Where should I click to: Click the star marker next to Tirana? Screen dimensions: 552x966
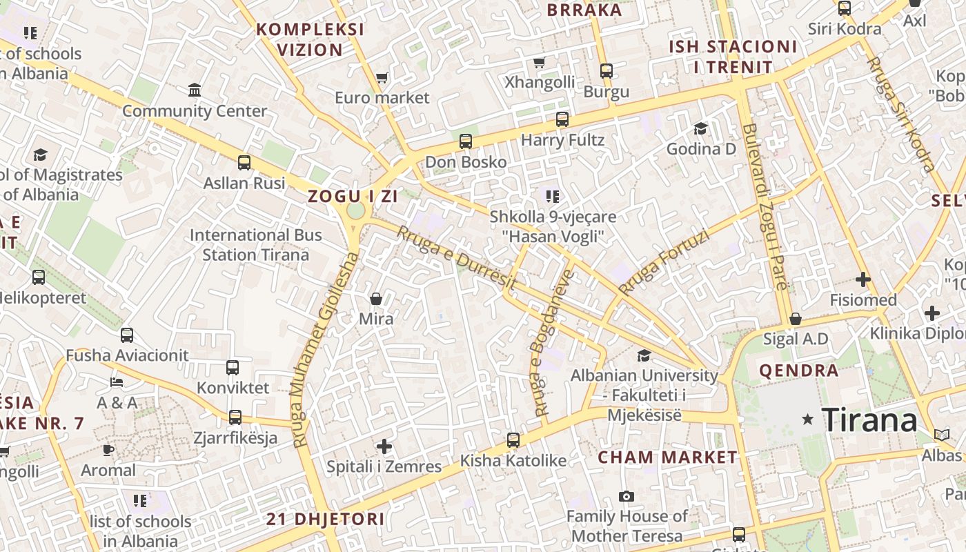tap(807, 420)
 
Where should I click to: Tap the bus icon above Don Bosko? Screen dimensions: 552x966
tap(466, 141)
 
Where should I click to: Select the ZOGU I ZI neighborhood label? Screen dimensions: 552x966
tap(353, 196)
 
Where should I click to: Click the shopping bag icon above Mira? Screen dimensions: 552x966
tap(376, 299)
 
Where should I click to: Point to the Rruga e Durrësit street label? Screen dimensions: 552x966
tap(456, 258)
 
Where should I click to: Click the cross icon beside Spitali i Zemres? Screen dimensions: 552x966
tap(384, 446)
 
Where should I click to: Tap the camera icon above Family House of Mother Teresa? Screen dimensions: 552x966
tap(627, 496)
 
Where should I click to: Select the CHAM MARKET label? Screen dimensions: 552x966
tap(667, 457)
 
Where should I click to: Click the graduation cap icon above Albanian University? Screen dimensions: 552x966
tap(644, 355)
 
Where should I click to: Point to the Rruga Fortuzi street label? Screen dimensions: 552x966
tap(664, 263)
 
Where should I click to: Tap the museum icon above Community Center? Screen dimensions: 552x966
tap(195, 90)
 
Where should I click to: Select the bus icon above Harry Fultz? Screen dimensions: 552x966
tap(562, 119)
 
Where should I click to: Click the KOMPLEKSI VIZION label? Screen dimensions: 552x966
tap(310, 39)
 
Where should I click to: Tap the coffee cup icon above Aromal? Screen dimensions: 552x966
tap(108, 450)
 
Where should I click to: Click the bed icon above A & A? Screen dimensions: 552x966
tap(117, 382)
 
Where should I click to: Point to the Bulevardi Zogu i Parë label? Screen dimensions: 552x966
tap(765, 207)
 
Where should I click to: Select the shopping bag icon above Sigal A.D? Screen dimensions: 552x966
tap(795, 319)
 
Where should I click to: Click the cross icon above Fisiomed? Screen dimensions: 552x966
tap(862, 279)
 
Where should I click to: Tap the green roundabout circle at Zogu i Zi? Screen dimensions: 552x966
tap(355, 210)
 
